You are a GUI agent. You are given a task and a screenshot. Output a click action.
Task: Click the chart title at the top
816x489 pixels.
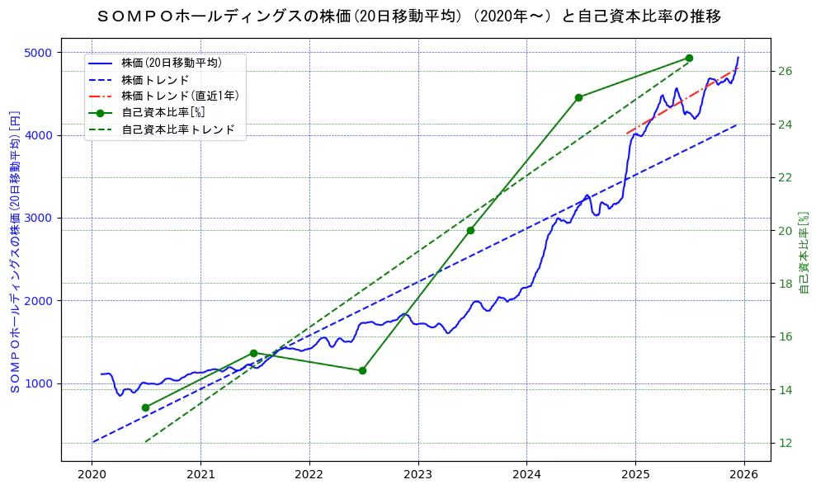click(x=408, y=16)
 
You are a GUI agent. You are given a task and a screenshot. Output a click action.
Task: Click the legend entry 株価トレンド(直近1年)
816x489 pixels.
click(x=180, y=96)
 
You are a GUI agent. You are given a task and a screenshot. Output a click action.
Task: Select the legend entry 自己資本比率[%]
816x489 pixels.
click(x=163, y=112)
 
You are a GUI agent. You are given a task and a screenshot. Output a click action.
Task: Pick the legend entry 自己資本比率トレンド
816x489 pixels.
click(x=177, y=129)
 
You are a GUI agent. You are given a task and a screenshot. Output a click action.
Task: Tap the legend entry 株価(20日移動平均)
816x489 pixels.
click(x=171, y=62)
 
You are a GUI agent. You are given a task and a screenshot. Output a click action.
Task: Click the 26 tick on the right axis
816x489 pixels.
click(x=785, y=71)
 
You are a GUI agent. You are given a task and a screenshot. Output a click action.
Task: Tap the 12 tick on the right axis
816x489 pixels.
click(x=785, y=443)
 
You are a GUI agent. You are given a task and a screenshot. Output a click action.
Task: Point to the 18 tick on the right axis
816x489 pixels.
click(x=785, y=284)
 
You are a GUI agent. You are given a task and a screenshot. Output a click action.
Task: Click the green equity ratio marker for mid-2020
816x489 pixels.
click(x=145, y=407)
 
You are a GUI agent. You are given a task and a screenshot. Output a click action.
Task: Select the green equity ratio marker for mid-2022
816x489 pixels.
click(x=362, y=370)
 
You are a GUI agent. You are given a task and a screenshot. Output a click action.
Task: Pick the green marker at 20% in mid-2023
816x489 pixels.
click(x=470, y=230)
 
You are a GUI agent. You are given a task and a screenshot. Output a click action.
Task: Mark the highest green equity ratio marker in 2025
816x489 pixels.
click(x=689, y=58)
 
